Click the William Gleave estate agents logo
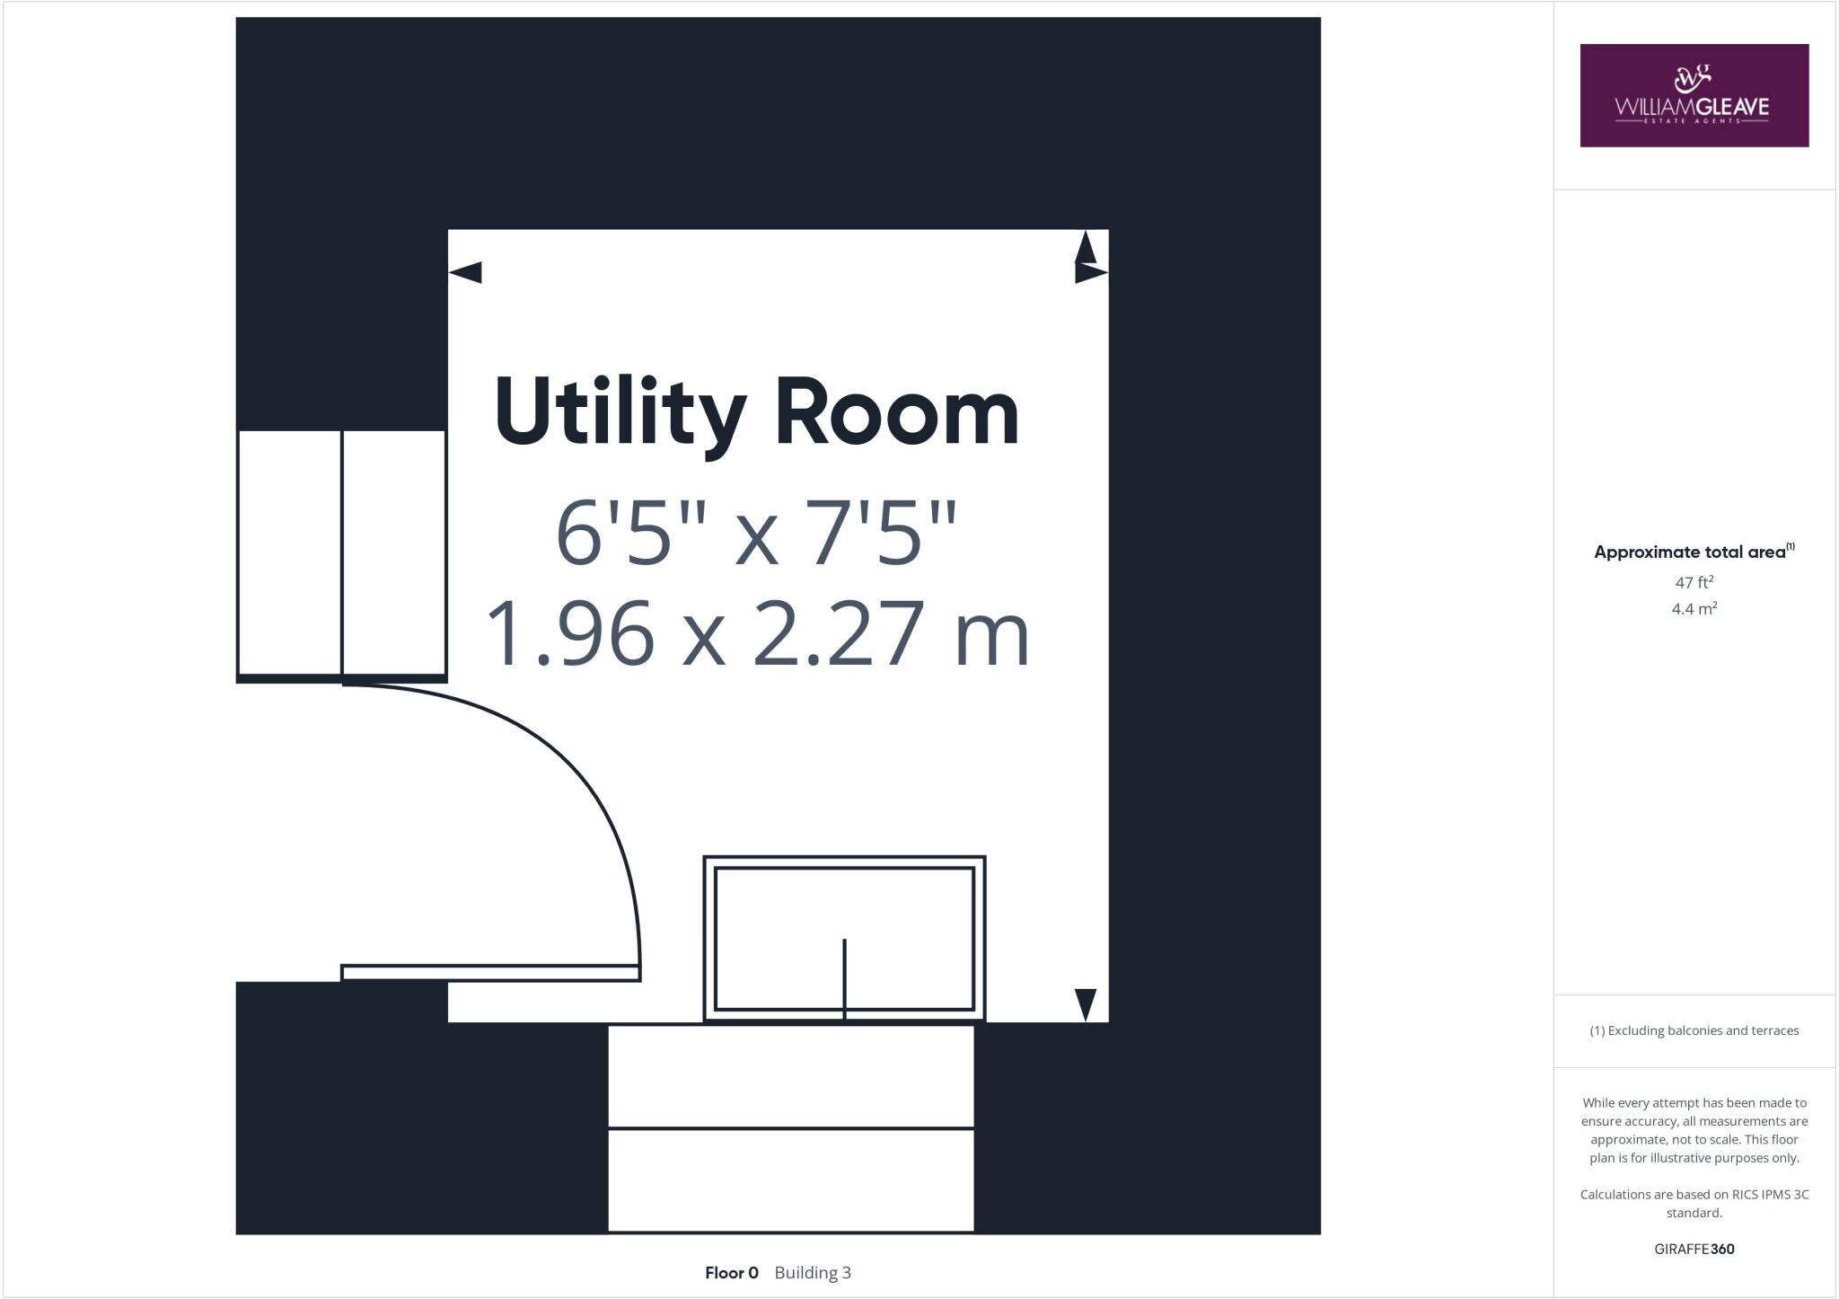(1694, 95)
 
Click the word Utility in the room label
(620, 412)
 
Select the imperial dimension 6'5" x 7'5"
(757, 534)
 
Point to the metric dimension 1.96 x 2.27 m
(757, 634)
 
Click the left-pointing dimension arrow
(465, 272)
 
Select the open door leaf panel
(490, 973)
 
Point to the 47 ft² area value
(1694, 582)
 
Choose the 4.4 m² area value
(1694, 609)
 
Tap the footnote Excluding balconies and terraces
(1694, 1030)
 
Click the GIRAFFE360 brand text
(1694, 1249)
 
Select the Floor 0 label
(731, 1273)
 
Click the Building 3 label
(813, 1273)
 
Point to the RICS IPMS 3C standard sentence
(1694, 1203)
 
